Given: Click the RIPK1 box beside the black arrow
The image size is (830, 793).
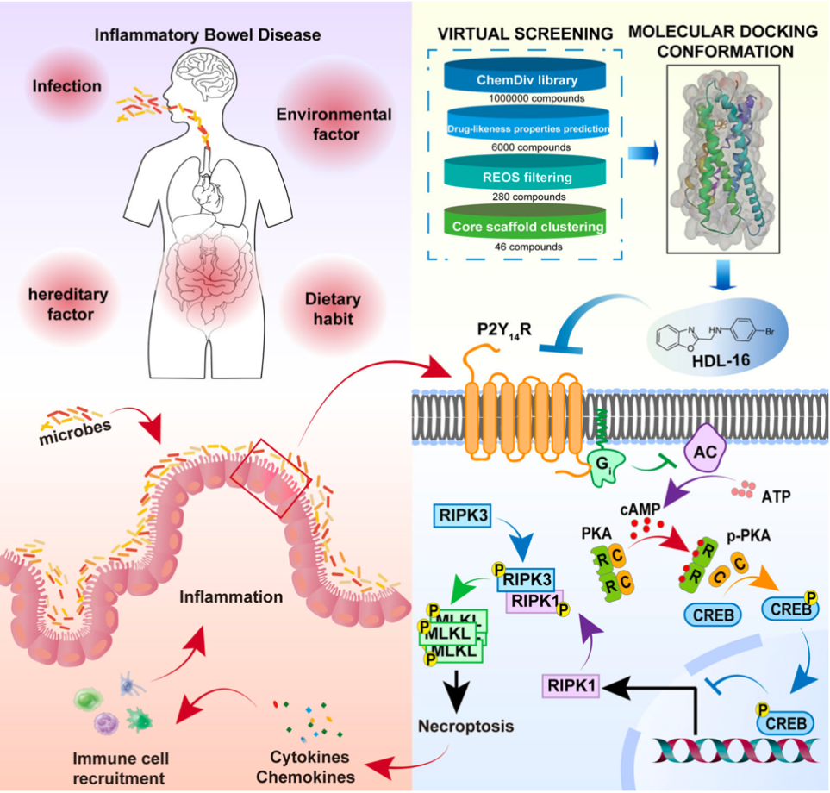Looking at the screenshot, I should click(x=571, y=685).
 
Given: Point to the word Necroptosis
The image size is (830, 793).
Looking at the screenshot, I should click(x=465, y=725).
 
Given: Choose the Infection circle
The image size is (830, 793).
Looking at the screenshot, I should click(x=67, y=86).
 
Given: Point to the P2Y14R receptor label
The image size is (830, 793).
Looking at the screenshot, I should click(x=499, y=332).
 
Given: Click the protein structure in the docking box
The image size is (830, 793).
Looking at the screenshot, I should click(x=723, y=159).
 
